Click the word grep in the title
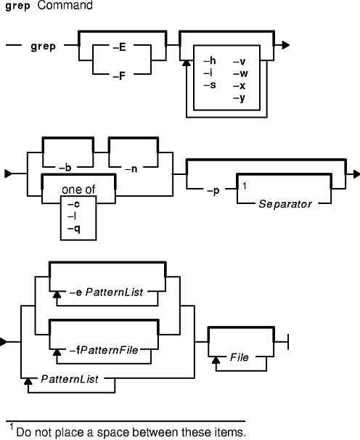17,6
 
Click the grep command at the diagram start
44,46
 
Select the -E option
120,47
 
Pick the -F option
119,76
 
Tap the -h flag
210,60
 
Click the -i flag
208,73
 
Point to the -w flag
241,73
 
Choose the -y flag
240,98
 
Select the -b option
65,168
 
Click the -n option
131,168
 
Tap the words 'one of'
78,190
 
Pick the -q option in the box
74,229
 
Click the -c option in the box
73,204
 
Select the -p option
213,191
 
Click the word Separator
285,204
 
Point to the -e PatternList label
107,293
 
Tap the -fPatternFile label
104,350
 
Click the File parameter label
240,357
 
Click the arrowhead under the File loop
216,360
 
